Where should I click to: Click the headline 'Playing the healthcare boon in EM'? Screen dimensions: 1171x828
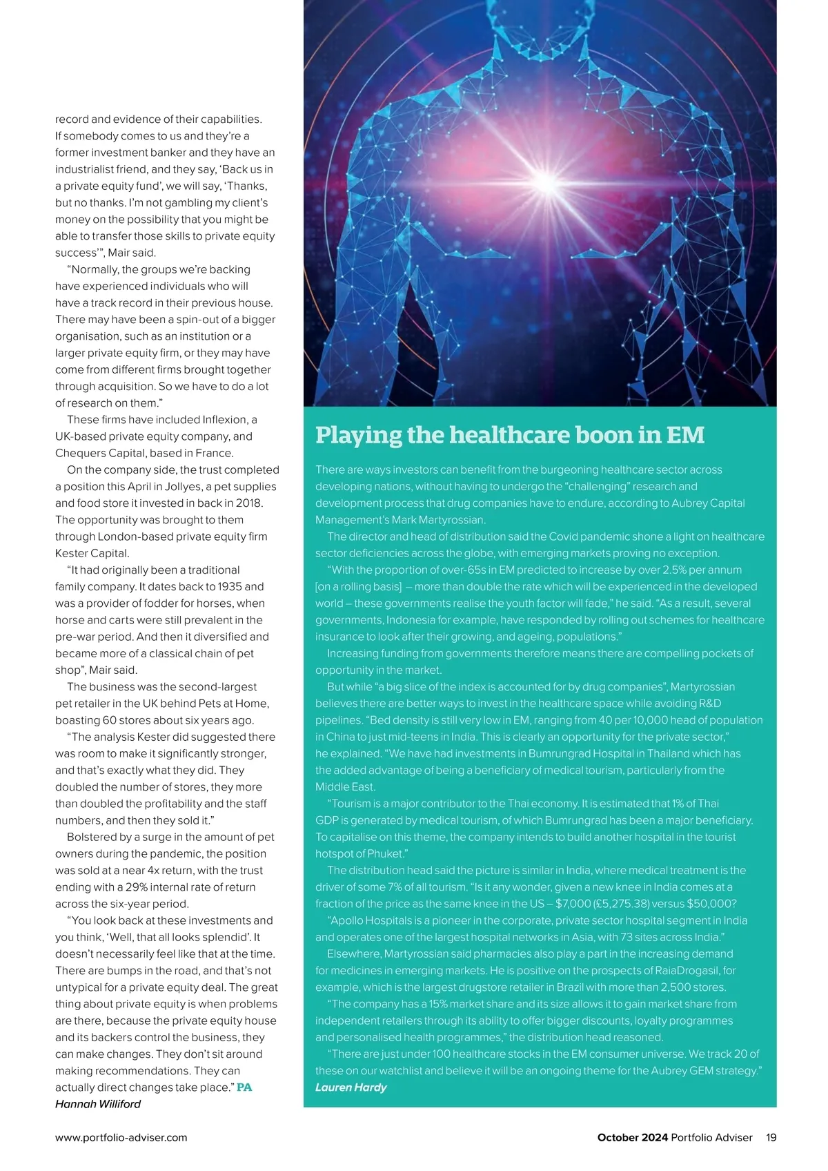pos(510,435)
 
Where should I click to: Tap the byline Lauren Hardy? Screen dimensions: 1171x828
pos(351,1087)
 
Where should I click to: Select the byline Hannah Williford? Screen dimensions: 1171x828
pos(98,1104)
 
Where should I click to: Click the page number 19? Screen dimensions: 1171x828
pos(771,1137)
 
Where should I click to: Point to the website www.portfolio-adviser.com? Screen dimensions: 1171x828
pos(121,1137)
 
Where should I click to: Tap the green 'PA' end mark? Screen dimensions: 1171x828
pos(244,1087)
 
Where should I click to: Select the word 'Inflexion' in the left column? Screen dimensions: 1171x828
pos(226,420)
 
